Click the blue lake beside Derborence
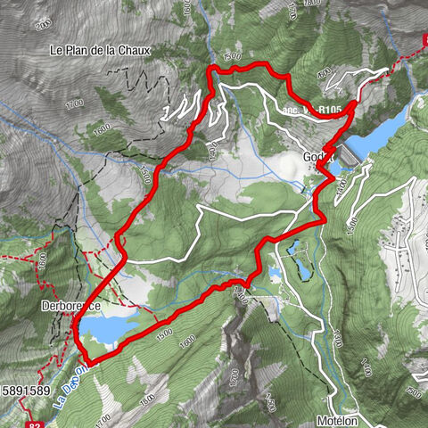(x=107, y=331)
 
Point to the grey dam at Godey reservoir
(x=346, y=154)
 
